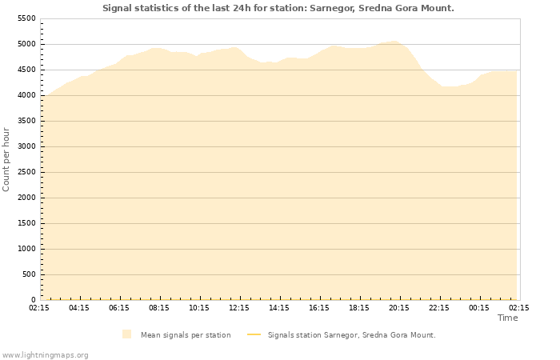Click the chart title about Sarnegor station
(x=278, y=8)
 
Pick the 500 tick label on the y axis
(x=29, y=274)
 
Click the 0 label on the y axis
(x=34, y=300)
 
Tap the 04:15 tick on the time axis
(x=79, y=307)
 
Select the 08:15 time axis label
(x=159, y=307)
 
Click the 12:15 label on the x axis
(x=239, y=307)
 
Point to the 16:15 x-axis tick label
(x=319, y=307)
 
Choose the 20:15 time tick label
(x=399, y=307)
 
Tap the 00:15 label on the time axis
(x=479, y=307)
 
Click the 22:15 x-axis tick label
(x=439, y=307)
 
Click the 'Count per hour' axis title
(x=7, y=159)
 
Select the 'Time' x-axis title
(x=507, y=318)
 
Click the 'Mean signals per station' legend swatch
(x=126, y=334)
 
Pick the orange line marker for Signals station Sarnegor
(x=254, y=334)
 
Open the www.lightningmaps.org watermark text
(x=46, y=354)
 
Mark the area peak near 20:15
(x=394, y=42)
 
